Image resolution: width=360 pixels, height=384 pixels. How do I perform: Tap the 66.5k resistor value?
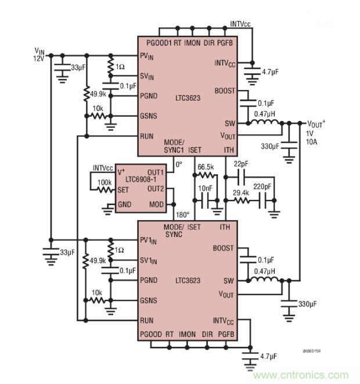click(206, 167)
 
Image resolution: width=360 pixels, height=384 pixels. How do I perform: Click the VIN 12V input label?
click(38, 55)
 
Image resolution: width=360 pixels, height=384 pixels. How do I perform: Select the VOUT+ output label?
click(316, 123)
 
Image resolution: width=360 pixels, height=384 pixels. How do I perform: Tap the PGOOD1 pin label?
click(159, 44)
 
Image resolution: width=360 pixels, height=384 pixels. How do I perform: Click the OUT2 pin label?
click(172, 188)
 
